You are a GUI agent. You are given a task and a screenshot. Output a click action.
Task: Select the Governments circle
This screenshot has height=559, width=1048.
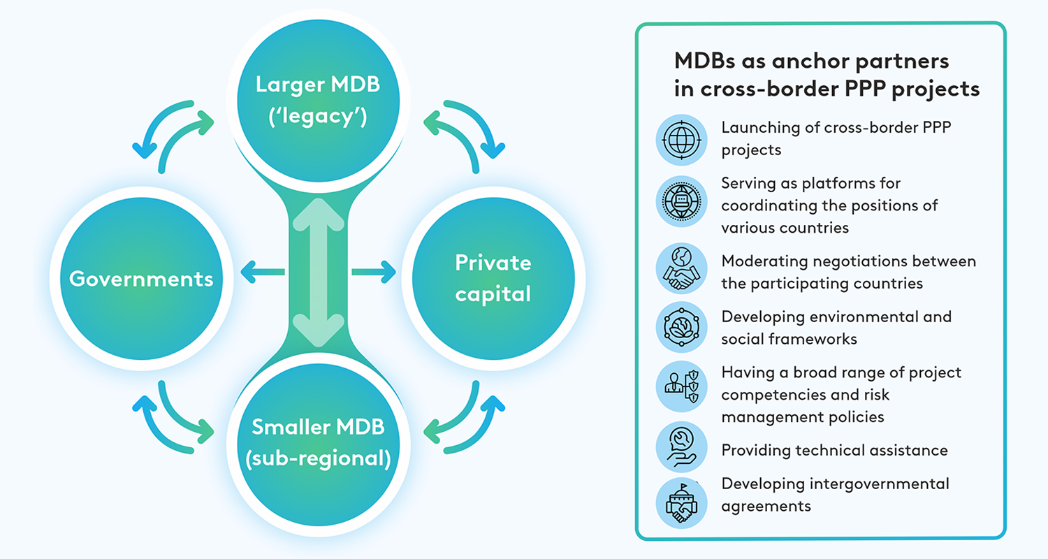coord(140,279)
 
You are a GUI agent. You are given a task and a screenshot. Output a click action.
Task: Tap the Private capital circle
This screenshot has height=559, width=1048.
coord(493,278)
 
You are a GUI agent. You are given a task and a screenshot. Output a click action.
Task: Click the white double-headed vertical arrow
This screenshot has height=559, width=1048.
coord(318,273)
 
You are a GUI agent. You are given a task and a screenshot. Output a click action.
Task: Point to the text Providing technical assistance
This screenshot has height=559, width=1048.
coord(834,450)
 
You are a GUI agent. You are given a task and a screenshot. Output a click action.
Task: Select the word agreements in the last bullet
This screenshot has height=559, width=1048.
coord(766,507)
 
